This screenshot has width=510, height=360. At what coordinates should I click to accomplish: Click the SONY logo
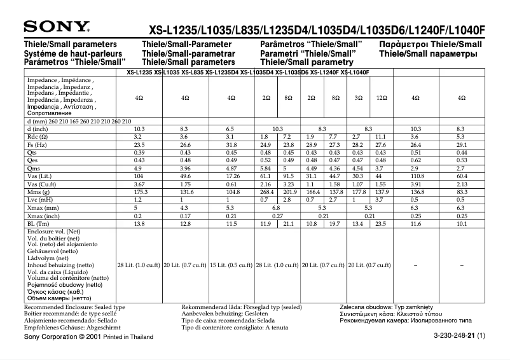coord(57,27)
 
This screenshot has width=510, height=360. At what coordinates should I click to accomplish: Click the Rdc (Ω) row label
coord(38,137)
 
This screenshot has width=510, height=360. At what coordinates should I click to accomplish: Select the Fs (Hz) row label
coord(37,144)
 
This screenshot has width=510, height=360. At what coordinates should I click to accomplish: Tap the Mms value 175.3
coord(137,191)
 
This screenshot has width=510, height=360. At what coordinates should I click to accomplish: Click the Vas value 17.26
coord(231,176)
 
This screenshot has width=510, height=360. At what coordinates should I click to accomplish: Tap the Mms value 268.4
coord(266,191)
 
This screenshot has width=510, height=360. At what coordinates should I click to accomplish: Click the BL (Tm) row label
coord(38,223)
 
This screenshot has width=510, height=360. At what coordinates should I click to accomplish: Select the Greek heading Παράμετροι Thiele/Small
coord(430,45)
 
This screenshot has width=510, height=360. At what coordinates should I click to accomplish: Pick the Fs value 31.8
coord(231,144)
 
